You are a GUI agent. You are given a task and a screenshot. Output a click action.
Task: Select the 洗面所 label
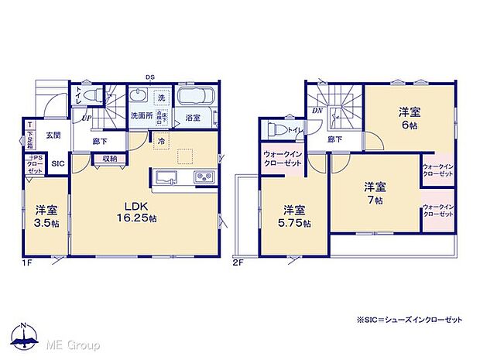click(x=139, y=117)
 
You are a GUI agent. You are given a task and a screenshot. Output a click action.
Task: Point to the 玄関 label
click(x=52, y=135)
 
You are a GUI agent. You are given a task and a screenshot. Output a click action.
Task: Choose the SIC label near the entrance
click(x=58, y=163)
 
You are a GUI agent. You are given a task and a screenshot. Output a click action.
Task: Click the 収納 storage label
click(x=109, y=159)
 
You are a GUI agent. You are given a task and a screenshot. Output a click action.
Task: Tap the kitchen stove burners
click(x=203, y=178)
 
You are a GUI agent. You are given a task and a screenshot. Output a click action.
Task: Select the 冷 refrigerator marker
click(x=161, y=142)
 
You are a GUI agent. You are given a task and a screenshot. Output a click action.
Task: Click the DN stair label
click(x=317, y=111)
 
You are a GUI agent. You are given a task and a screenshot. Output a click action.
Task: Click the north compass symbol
click(x=26, y=335)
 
